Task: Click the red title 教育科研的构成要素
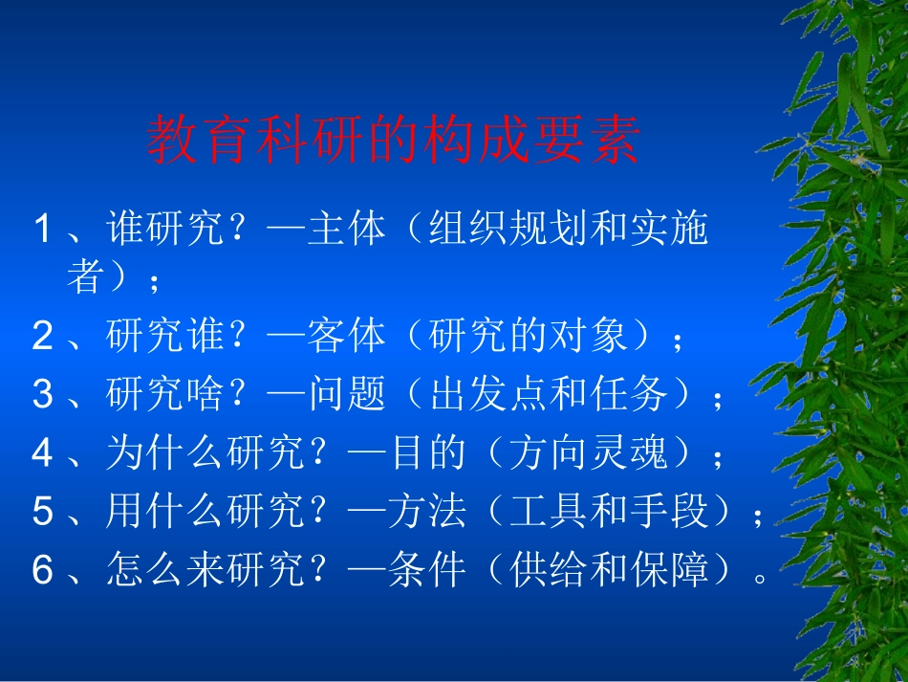pos(393,142)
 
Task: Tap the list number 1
pos(42,231)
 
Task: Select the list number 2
pos(42,337)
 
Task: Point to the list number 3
pos(42,395)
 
